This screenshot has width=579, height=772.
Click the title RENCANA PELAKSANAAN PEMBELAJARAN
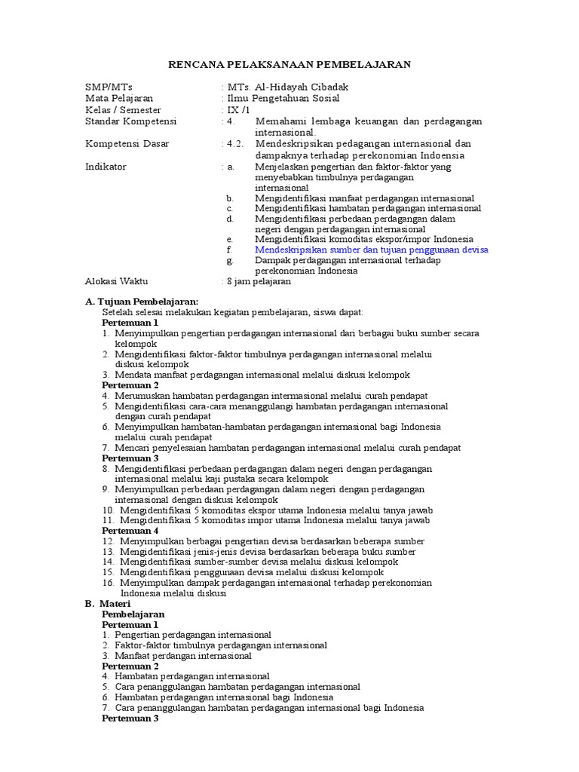pos(289,65)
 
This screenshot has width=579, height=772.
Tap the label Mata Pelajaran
pos(119,98)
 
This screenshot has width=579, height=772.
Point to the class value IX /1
pos(240,110)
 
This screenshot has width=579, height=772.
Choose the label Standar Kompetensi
pos(130,121)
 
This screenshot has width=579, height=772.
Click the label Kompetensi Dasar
pos(127,144)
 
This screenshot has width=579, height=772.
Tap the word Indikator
pos(106,167)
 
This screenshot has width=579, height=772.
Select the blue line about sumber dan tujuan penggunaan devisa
pos(372,250)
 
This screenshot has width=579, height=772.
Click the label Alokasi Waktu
pos(118,281)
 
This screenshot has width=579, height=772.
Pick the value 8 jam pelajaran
pos(259,281)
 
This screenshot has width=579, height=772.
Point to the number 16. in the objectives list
pos(108,583)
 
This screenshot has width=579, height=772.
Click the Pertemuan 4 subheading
pos(130,530)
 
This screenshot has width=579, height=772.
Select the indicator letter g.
pos(229,260)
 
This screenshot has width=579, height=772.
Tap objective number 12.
pos(108,541)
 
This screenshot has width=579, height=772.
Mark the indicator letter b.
pos(229,198)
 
